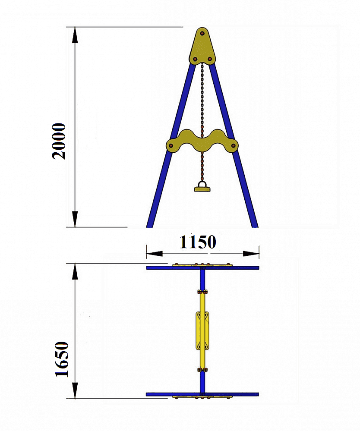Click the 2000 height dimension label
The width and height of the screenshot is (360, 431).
tap(59, 141)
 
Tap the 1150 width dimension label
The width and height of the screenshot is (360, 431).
tap(198, 242)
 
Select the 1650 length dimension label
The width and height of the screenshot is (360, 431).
tap(62, 359)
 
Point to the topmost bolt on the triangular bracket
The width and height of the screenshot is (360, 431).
tap(202, 34)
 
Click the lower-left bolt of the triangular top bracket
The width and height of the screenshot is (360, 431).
tap(195, 59)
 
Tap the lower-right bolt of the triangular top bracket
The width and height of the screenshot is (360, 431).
tap(209, 59)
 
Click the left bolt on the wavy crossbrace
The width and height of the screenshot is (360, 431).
tap(171, 145)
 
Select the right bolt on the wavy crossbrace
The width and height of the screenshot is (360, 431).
tap(234, 145)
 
